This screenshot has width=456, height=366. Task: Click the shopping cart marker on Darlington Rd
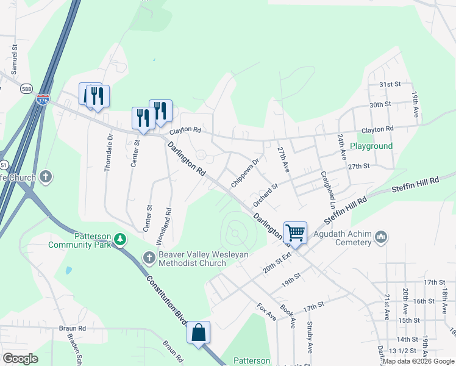295,232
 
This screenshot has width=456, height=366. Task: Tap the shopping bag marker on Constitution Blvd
198,332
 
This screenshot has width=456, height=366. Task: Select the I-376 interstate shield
43,99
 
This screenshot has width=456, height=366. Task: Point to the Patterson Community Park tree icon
121,240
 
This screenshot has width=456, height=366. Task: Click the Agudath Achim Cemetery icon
382,236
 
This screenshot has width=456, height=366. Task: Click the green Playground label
371,146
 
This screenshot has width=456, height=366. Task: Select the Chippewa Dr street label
245,173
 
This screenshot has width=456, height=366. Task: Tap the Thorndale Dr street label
109,152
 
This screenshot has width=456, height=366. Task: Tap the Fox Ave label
266,312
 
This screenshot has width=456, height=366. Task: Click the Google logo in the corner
20,359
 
